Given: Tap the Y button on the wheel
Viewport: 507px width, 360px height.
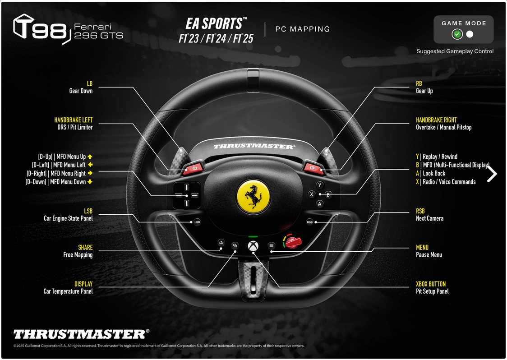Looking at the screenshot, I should coord(320,185).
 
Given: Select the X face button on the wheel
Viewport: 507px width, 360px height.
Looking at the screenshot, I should coord(311,194).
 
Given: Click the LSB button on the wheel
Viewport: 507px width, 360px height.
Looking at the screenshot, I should coord(197,222).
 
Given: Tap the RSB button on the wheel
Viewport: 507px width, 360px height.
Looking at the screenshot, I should coord(310,222).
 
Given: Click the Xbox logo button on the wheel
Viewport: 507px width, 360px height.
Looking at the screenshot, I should coord(253,246).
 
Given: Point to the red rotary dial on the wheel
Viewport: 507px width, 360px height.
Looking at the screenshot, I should coord(292,242).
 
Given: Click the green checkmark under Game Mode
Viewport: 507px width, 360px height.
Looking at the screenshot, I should coord(457,34).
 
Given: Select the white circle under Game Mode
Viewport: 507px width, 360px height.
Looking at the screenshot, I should coord(470,34).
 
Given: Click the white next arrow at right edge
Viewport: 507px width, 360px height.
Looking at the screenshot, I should coord(492,174).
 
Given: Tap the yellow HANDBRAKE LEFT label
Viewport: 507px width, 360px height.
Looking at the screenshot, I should coord(74,120).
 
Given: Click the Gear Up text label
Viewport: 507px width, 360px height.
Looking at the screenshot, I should coord(424,91).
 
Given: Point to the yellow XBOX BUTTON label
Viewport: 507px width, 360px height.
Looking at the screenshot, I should coord(431,284).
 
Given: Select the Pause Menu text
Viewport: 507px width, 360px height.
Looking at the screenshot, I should coord(429,255).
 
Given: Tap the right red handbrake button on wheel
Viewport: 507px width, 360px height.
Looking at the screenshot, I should coord(313,168).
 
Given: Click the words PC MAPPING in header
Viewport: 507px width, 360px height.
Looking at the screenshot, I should coord(303,29).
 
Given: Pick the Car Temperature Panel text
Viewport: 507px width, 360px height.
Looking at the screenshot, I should coord(68,291).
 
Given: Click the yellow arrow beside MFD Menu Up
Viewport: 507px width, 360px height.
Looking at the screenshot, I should coord(90,157).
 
